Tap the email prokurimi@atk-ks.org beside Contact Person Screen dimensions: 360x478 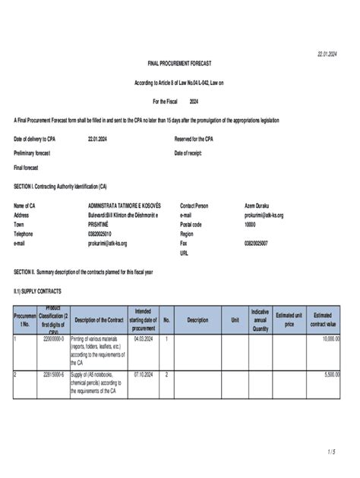264,215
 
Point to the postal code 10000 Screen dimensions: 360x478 251,225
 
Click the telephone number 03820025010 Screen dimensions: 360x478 104,234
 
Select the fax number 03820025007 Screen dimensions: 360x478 259,244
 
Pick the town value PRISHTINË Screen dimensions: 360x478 103,225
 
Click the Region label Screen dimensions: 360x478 188,234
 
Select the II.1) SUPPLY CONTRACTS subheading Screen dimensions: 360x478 37,291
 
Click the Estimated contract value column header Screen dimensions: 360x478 323,319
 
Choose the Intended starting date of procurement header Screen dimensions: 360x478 143,319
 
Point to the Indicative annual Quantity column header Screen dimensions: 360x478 260,319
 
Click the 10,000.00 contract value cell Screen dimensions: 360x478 328,339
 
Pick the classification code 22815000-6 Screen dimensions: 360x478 53,375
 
